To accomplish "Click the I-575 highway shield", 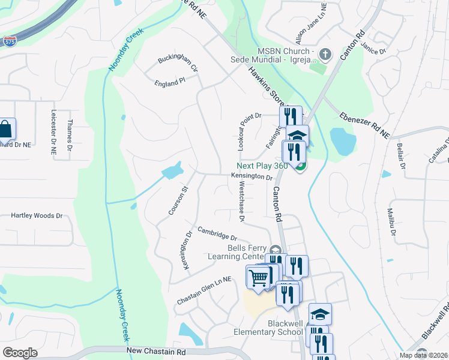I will point(10,41).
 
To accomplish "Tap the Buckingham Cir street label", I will point(178,64).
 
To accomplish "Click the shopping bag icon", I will point(5,129).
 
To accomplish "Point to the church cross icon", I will point(325,55).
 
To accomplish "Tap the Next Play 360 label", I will point(262,166).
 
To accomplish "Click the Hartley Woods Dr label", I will point(37,215).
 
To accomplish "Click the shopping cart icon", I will point(258,278).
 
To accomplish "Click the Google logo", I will point(19,353).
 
